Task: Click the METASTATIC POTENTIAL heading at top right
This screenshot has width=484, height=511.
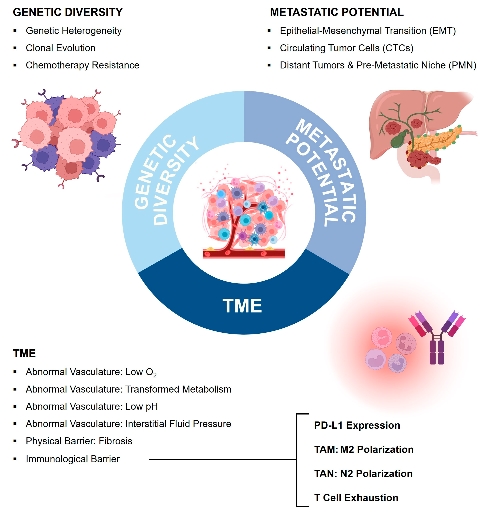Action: [337, 12]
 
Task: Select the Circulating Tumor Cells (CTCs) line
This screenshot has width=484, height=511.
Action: [346, 48]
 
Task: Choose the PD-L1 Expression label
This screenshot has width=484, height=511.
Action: [357, 426]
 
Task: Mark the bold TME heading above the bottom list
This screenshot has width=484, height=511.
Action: [24, 353]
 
